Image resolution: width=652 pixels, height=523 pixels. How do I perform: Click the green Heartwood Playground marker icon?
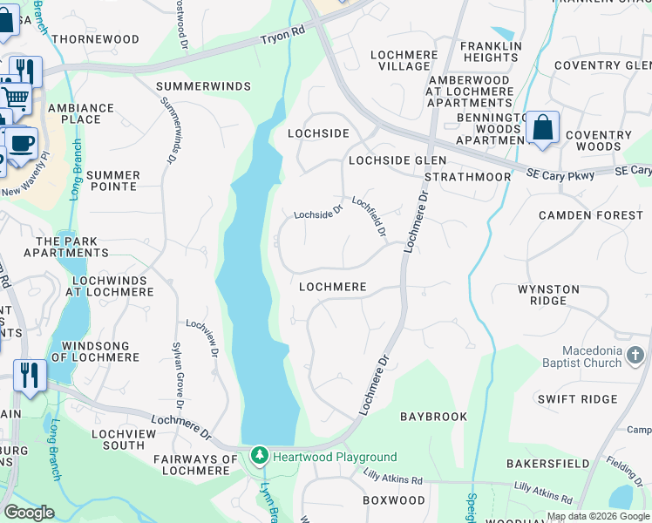pos(259,456)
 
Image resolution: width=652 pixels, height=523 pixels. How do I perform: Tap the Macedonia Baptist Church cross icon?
pos(635,356)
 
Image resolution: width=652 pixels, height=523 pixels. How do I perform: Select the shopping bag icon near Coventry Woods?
pos(542,129)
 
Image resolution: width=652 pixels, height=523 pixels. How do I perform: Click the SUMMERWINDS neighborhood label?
pos(203,86)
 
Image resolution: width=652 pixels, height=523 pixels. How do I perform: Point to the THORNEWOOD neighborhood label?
pos(95,39)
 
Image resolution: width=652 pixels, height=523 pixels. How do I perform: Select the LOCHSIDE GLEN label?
pos(397,160)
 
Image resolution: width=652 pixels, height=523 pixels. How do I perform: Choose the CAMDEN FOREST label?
pos(590,214)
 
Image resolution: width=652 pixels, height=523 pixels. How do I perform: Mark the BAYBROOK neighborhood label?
pos(434,417)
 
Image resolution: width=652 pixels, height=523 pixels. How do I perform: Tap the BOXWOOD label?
pos(394,500)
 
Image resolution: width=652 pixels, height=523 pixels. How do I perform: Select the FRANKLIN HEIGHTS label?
pos(491,51)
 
